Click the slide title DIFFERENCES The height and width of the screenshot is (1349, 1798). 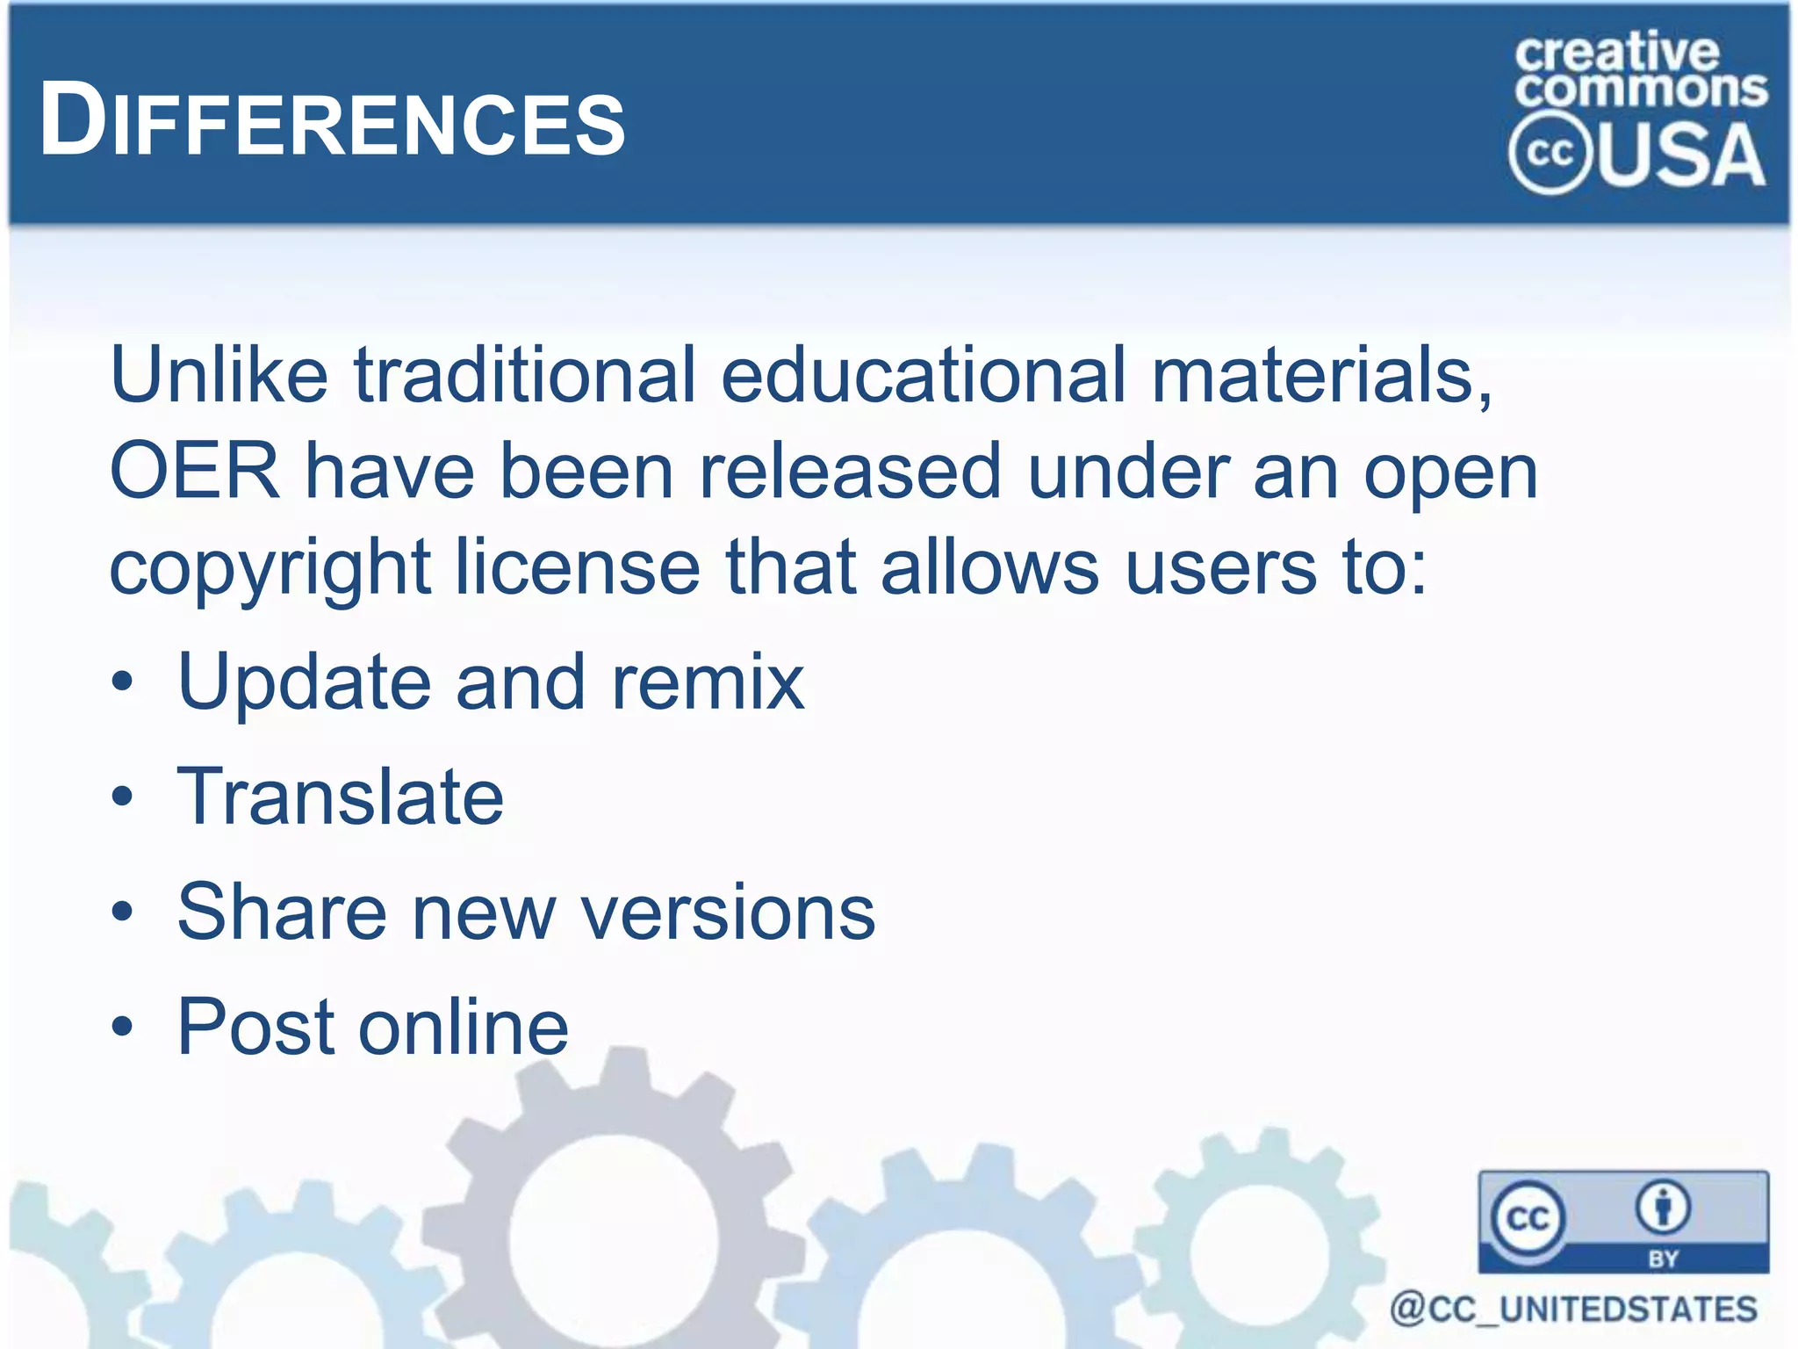pyautogui.click(x=332, y=121)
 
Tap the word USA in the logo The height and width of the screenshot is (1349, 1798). pyautogui.click(x=1682, y=155)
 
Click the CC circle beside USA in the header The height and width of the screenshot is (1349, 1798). pyautogui.click(x=1549, y=153)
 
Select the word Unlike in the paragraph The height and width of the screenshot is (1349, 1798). pyautogui.click(x=218, y=375)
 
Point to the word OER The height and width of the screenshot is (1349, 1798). pyautogui.click(x=194, y=472)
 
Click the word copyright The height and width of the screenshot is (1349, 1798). pyautogui.click(x=269, y=568)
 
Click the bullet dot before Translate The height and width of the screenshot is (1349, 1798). pyautogui.click(x=123, y=797)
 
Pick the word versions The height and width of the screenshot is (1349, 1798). pyautogui.click(x=729, y=912)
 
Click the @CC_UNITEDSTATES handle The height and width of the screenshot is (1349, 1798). pyautogui.click(x=1573, y=1309)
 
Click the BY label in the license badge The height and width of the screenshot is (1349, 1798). pyautogui.click(x=1663, y=1259)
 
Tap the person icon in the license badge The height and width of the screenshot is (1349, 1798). pyautogui.click(x=1663, y=1208)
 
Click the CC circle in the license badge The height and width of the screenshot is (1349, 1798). pyautogui.click(x=1528, y=1218)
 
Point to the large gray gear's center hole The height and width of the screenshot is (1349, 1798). pyautogui.click(x=613, y=1238)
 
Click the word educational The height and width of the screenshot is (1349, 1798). pyautogui.click(x=923, y=375)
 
